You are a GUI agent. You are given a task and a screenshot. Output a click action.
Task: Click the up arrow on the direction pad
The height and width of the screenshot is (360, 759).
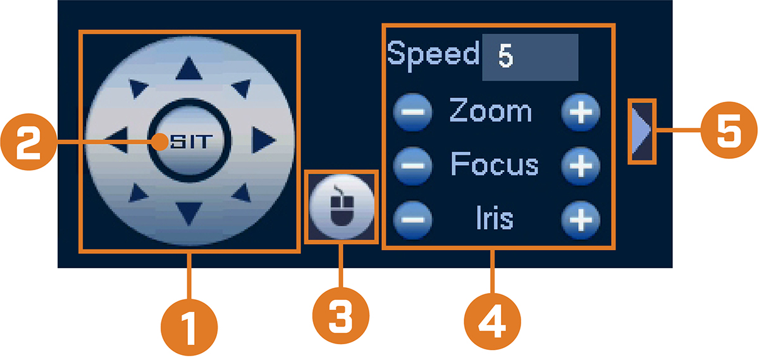(x=188, y=69)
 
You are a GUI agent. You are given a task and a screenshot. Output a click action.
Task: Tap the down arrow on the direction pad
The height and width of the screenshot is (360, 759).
(x=188, y=213)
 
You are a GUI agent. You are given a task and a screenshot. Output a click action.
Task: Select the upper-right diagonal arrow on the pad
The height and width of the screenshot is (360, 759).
(x=242, y=89)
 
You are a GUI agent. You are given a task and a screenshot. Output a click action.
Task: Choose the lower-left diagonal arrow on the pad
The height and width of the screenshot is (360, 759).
(x=138, y=193)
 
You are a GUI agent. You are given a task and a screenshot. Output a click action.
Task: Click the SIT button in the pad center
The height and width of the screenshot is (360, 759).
(x=190, y=140)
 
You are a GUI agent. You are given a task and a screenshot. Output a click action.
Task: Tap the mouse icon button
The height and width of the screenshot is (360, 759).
(x=342, y=207)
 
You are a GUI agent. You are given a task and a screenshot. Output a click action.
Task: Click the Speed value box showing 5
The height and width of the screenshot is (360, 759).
(x=530, y=57)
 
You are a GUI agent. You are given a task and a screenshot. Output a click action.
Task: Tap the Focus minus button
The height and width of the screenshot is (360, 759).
(x=412, y=166)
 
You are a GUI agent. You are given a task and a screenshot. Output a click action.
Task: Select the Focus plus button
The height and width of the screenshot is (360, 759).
(x=581, y=166)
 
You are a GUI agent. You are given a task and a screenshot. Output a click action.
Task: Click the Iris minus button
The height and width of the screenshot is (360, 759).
(x=412, y=220)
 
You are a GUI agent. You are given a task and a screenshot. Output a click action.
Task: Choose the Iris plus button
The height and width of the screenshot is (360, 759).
(x=581, y=220)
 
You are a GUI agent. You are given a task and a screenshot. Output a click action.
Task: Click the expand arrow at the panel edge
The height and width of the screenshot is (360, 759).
(x=640, y=131)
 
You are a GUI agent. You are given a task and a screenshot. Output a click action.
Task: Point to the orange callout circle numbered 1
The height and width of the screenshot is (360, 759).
(x=189, y=328)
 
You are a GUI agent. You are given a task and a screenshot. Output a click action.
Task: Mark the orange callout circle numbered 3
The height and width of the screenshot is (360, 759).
(x=341, y=316)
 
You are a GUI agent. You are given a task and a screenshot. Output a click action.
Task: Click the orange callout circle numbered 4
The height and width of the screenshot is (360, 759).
(x=492, y=321)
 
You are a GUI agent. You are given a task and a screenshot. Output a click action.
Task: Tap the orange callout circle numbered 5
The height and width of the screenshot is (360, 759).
(x=729, y=130)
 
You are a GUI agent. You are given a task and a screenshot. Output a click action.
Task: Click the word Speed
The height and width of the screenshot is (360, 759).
(x=433, y=55)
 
